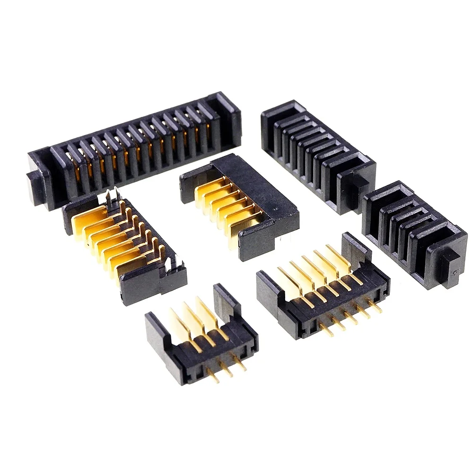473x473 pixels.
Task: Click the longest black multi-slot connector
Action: (x=135, y=149)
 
